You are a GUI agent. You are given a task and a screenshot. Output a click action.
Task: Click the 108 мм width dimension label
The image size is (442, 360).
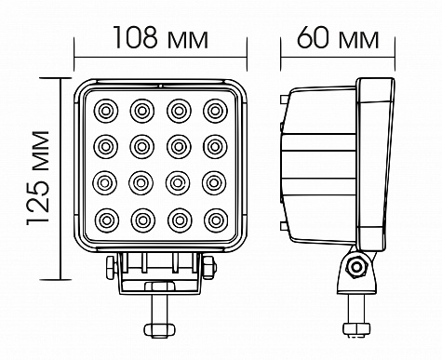coord(161,37)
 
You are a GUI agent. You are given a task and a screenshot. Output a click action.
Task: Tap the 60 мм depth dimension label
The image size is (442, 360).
coord(338,37)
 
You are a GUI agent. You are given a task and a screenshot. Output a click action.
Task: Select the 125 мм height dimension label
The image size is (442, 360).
coord(38,178)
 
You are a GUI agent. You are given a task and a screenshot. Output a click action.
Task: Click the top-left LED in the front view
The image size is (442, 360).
coord(106,111)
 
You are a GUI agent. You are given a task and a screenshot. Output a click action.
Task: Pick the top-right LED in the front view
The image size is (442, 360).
coord(215,111)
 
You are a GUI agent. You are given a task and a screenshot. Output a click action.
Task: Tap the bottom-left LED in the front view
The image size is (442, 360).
coord(107,220)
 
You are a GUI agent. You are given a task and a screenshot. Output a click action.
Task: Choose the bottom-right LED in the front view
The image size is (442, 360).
coord(216,220)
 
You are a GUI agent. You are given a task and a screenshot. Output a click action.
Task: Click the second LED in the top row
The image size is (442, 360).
coord(142,111)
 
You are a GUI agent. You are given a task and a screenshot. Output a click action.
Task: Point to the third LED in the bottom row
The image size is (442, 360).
coord(180,220)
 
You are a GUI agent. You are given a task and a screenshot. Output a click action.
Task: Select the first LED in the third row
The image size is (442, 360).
coord(105,183)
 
